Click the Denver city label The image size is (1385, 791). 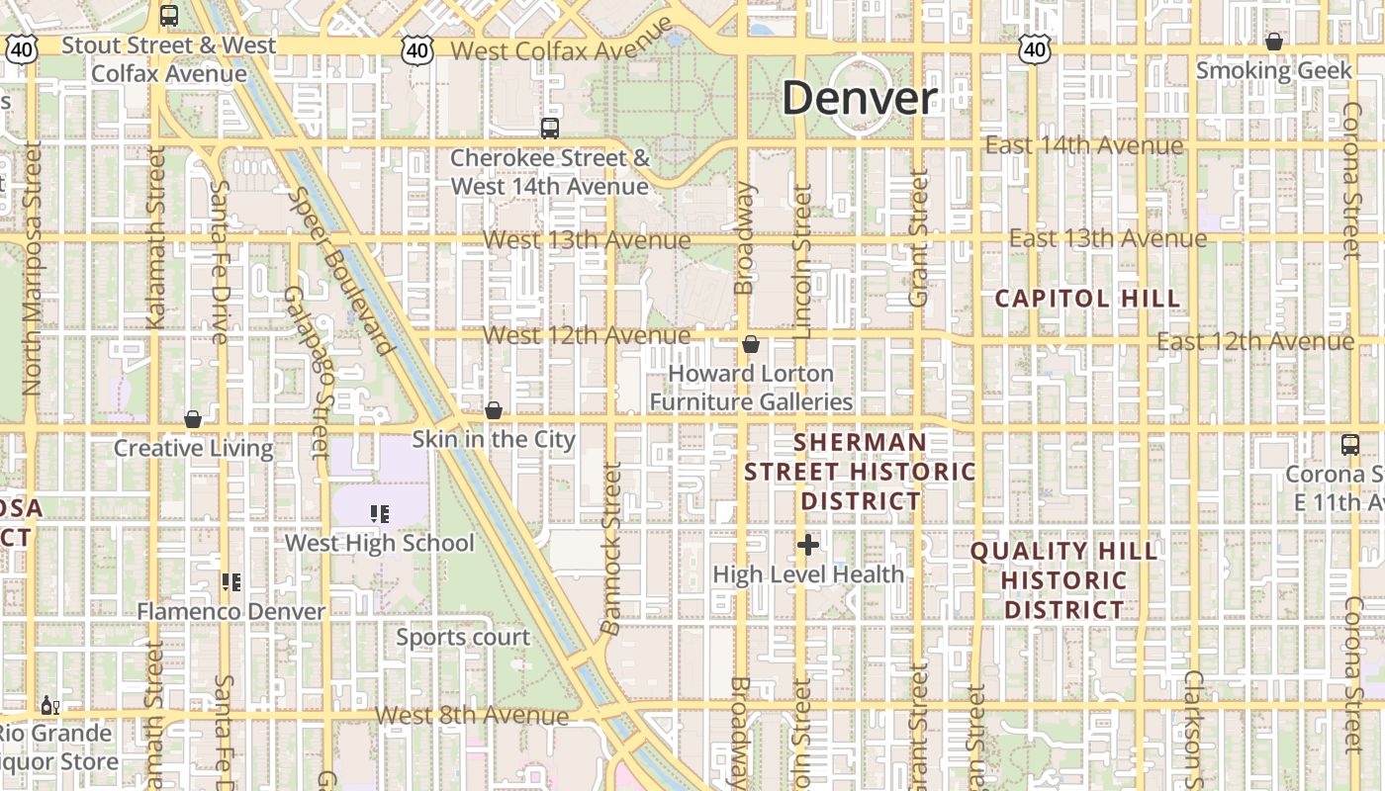point(860,98)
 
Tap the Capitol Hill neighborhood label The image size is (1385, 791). point(1087,299)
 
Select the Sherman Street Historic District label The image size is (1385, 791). point(861,472)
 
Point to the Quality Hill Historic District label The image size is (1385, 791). point(1064,580)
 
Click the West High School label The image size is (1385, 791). point(380,543)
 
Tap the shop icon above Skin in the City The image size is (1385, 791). point(494,410)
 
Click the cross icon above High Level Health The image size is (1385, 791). point(808,545)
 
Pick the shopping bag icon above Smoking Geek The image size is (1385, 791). point(1274,43)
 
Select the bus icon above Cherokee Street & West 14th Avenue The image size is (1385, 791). point(549,129)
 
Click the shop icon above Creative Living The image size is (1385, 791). point(193,420)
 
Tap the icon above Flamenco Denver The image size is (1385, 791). point(231,582)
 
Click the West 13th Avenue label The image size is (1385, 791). point(587,240)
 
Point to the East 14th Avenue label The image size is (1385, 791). point(1084,146)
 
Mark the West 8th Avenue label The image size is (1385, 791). point(472,715)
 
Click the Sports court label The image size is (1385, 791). point(463,638)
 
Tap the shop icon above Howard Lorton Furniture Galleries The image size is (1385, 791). point(751,345)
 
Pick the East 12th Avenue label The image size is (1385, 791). point(1255,342)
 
